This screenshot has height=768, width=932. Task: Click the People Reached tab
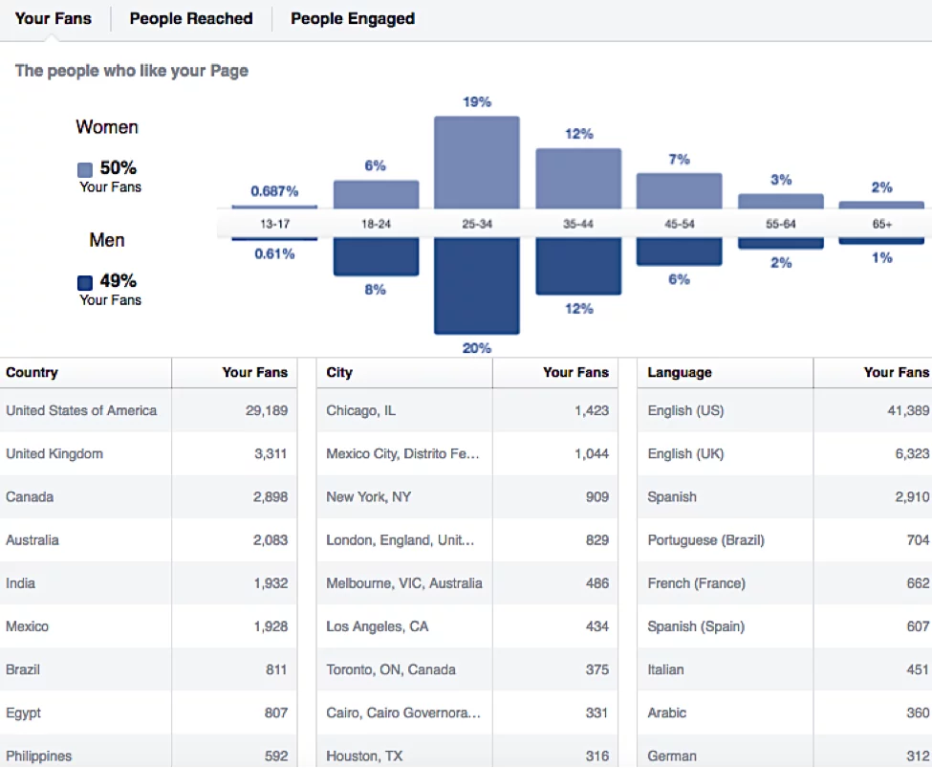click(191, 19)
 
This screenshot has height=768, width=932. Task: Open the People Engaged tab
click(353, 19)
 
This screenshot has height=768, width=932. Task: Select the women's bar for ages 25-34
click(477, 163)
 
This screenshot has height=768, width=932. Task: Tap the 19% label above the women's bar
click(477, 101)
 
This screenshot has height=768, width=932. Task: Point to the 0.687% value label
click(274, 191)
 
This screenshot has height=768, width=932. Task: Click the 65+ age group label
click(881, 224)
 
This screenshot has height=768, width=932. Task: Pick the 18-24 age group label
click(376, 224)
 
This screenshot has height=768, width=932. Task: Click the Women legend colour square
click(85, 170)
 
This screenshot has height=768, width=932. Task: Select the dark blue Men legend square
click(85, 283)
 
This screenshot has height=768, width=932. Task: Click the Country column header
click(33, 373)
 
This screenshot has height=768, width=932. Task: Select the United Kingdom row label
click(54, 454)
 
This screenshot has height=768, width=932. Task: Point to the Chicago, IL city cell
click(360, 411)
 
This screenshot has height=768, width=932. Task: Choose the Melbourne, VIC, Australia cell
click(403, 583)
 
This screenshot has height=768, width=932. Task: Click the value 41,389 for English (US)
click(908, 411)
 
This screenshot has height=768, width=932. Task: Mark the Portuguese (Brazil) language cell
click(705, 540)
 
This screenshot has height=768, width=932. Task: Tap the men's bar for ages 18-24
click(376, 256)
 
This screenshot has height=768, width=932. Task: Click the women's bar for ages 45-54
click(680, 191)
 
